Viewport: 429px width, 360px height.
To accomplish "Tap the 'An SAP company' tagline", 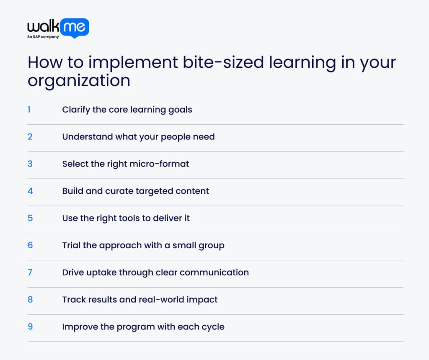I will point(43,37).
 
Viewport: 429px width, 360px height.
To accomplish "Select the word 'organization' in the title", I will point(79,80).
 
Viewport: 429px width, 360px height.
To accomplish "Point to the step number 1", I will point(29,110).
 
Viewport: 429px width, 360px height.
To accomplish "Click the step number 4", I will point(30,191).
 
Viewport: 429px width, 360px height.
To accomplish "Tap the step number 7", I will point(30,272).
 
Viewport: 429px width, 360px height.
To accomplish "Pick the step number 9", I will point(30,327).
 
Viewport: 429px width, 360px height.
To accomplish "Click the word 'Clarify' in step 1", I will point(75,110).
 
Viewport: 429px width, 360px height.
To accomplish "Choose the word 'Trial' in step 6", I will point(71,245).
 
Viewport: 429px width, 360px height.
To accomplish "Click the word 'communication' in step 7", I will point(214,273).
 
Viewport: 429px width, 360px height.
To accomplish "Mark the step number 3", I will point(30,164).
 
